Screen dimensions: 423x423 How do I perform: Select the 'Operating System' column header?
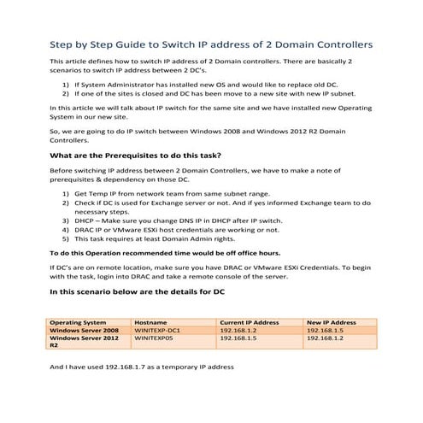81,322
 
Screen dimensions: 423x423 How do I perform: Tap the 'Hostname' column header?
150,322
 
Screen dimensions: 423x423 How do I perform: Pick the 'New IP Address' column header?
331,322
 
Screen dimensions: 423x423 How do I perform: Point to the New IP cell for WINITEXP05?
323,338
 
